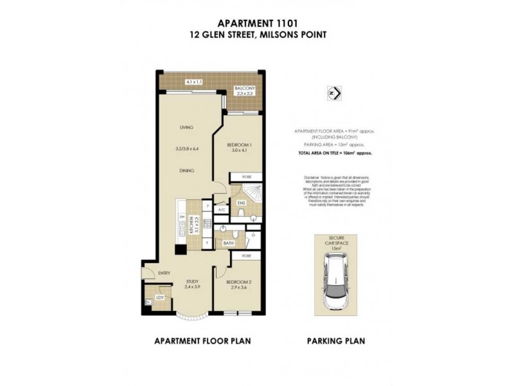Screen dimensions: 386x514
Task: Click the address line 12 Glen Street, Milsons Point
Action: tap(256, 35)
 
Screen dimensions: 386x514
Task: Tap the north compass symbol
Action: tap(333, 93)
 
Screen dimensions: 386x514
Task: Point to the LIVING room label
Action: tap(187, 127)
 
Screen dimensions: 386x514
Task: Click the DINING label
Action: tap(187, 170)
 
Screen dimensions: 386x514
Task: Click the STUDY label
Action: tap(192, 280)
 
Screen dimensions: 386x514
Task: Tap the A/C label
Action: tap(221, 210)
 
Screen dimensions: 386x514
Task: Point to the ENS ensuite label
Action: tap(241, 204)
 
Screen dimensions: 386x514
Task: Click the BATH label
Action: tap(228, 244)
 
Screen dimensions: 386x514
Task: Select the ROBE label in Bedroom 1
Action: tap(247, 176)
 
